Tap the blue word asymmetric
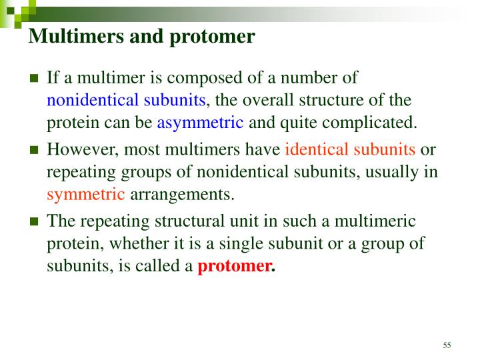(x=200, y=123)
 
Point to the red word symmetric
(x=86, y=195)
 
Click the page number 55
(x=447, y=344)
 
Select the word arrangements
(x=183, y=195)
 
